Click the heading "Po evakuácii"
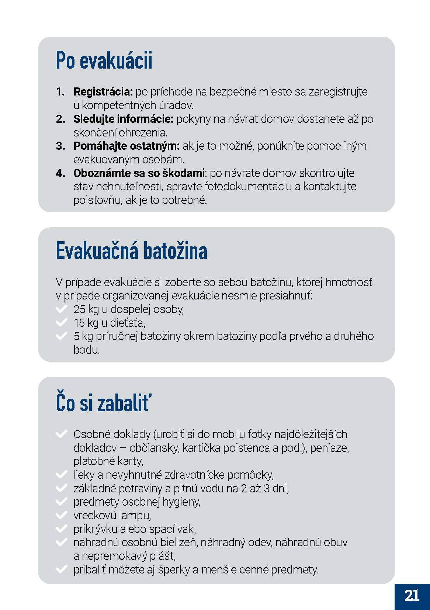104,60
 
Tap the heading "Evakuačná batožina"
131,251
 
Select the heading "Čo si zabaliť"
103,402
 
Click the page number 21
412,596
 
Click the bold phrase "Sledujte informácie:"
123,119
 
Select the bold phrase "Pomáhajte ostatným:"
126,146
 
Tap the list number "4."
60,173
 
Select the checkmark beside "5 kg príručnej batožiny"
61,336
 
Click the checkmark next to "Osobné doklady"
61,434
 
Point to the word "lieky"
84,475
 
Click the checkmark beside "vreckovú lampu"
61,515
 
